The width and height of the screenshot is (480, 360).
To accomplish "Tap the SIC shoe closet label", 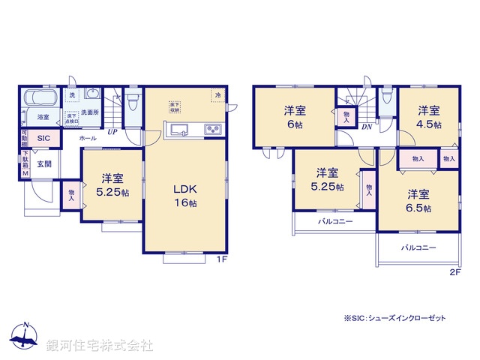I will pyautogui.click(x=44, y=138).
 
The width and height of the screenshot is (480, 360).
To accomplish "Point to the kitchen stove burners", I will pyautogui.click(x=211, y=130).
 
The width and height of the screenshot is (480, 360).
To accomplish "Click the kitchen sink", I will pyautogui.click(x=181, y=131).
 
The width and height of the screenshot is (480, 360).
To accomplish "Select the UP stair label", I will pyautogui.click(x=112, y=133).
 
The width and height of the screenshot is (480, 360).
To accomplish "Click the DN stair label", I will pyautogui.click(x=367, y=127).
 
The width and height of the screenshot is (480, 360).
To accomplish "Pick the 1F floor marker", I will pyautogui.click(x=222, y=259).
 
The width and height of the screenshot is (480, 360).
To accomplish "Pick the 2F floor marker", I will pyautogui.click(x=454, y=272).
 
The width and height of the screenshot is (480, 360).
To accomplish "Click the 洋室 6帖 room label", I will pyautogui.click(x=294, y=117).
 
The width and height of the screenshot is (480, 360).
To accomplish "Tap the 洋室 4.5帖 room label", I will pyautogui.click(x=429, y=117).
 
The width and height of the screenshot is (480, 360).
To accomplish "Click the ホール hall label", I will pyautogui.click(x=87, y=139).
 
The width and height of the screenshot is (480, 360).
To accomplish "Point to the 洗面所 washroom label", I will pyautogui.click(x=90, y=112).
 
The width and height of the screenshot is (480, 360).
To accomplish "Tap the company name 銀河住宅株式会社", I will pyautogui.click(x=100, y=346).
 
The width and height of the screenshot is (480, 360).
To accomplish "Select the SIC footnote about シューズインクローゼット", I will pyautogui.click(x=394, y=319).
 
